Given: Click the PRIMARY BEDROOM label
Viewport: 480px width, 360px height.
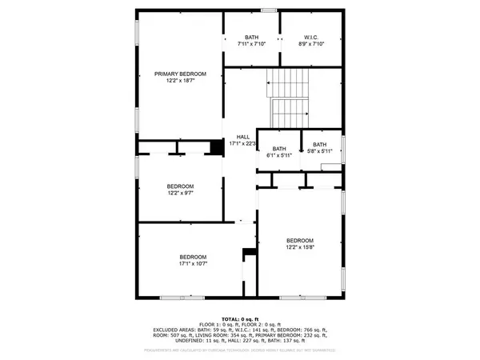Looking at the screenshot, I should [180, 74].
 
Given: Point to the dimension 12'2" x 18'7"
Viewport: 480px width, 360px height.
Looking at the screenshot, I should [180, 81].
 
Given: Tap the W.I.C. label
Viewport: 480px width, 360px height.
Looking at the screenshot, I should [312, 37].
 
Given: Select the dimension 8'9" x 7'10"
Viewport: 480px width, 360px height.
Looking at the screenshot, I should [312, 44].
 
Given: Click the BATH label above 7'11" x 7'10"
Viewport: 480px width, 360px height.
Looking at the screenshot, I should [252, 37].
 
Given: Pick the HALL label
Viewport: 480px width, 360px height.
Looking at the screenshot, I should [242, 137].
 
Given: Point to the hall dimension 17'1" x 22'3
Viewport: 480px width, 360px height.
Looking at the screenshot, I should [242, 144].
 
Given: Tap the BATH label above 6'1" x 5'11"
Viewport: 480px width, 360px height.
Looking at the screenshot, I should [279, 148].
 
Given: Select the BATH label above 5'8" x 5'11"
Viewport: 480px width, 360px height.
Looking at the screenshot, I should [320, 144].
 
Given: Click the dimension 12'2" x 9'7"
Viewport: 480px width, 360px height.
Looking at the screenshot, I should [180, 193].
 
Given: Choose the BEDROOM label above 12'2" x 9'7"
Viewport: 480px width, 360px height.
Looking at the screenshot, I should [180, 186].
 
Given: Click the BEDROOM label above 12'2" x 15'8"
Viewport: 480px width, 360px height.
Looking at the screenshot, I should [300, 241].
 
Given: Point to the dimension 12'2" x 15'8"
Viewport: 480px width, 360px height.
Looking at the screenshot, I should [300, 248].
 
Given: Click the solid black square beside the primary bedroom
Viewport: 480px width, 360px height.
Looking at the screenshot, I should [215, 147].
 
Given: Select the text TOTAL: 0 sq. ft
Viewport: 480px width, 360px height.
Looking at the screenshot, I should [240, 318].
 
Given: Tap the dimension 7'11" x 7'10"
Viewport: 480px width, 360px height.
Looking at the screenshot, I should [252, 44].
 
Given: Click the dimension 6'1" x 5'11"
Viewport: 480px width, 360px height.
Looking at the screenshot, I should [279, 155].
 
